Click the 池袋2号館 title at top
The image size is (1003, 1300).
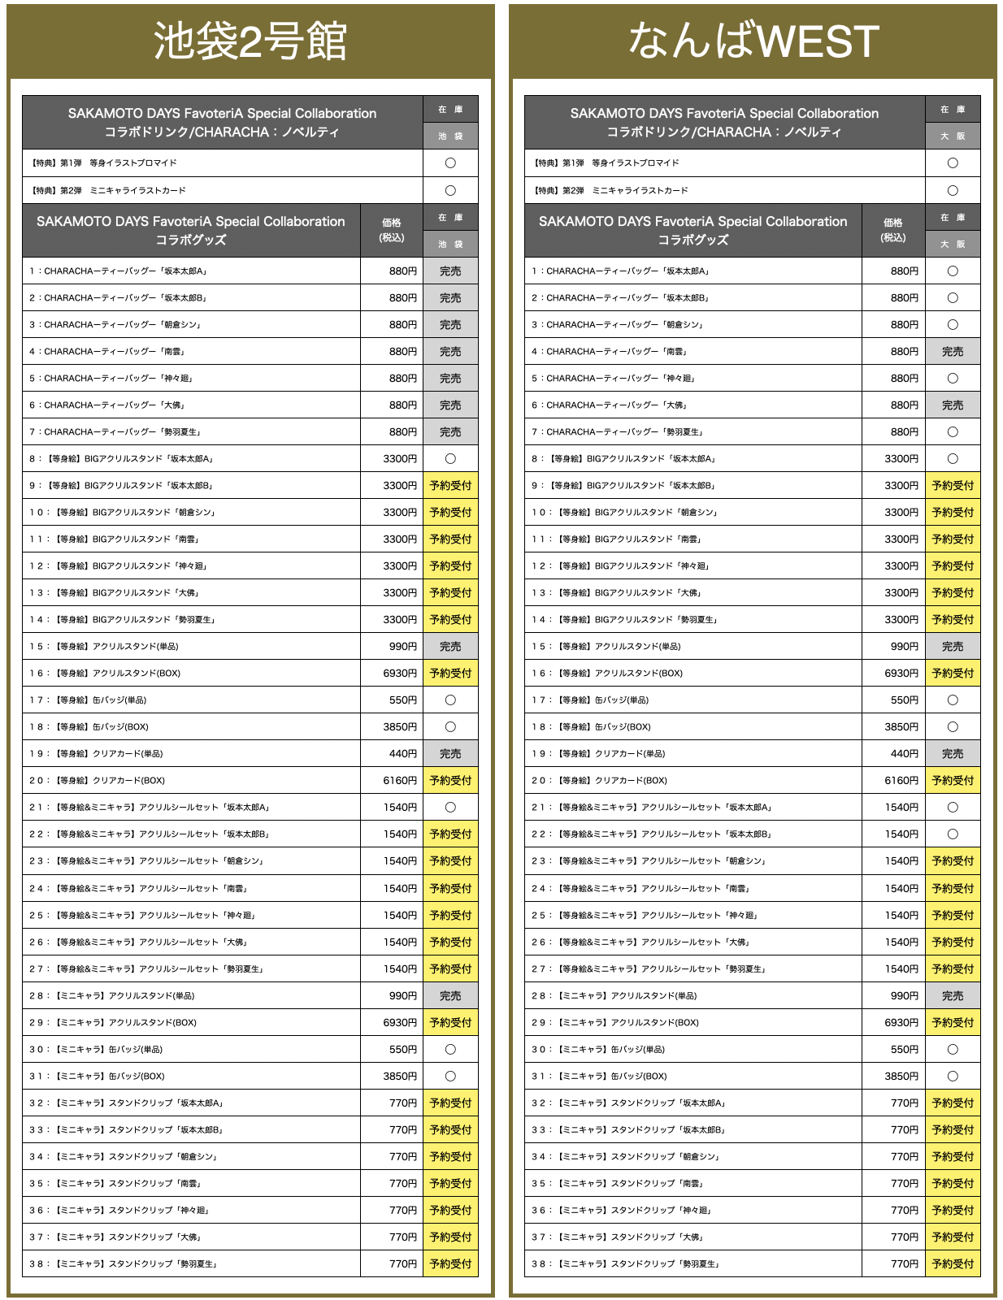(x=250, y=42)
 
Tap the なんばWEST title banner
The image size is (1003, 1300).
(x=753, y=42)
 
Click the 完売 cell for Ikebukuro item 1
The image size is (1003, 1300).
(x=450, y=271)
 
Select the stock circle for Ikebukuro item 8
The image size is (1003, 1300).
(x=450, y=459)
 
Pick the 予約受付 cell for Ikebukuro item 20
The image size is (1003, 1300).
(x=450, y=781)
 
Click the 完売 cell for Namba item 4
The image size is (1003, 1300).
(x=953, y=352)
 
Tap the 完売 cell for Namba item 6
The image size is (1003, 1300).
(x=953, y=405)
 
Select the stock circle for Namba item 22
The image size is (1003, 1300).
(x=953, y=834)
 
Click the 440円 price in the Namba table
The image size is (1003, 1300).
(x=904, y=754)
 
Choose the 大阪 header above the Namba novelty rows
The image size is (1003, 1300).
(x=953, y=136)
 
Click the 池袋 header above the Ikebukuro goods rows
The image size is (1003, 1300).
(x=450, y=245)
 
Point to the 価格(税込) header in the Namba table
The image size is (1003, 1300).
(x=893, y=230)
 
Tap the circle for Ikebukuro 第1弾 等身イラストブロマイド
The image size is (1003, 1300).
(x=450, y=163)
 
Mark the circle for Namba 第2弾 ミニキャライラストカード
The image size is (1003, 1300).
(x=953, y=191)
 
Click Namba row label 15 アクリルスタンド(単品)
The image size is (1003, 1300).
(x=606, y=647)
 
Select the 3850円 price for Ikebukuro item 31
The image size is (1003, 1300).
(x=400, y=1077)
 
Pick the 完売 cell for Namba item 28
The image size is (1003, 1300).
(x=953, y=996)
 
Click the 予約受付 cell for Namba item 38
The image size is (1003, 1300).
(x=953, y=1264)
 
